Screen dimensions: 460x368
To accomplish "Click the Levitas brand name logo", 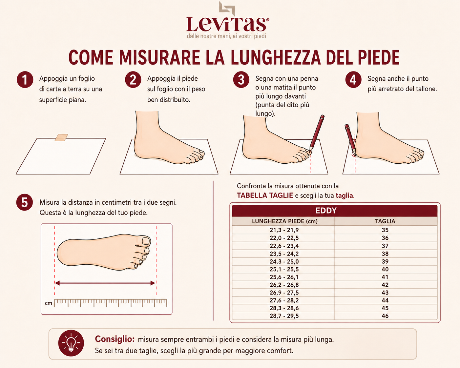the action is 227,24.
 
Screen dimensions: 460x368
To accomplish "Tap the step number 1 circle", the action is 25,80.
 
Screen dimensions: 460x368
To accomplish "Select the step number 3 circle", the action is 241,80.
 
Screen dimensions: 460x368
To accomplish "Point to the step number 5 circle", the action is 25,202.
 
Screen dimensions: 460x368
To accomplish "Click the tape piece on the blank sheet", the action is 61,137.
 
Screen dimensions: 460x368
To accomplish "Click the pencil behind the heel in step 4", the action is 350,140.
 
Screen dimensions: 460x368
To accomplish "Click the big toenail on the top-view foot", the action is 146,241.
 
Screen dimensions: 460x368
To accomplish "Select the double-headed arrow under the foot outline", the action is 105,283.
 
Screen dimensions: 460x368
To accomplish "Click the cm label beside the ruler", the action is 49,303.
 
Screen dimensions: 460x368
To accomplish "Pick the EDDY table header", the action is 326,211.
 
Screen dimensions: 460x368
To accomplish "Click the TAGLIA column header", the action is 385,221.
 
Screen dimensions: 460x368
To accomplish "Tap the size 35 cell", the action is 385,230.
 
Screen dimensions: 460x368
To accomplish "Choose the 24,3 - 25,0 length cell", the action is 284,262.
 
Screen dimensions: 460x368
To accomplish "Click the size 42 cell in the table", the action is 385,285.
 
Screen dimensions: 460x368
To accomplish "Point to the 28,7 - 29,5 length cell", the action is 284,316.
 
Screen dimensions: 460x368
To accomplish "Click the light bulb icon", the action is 71,343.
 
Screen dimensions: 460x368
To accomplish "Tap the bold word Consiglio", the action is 115,339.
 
